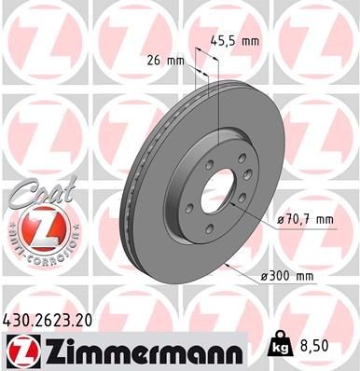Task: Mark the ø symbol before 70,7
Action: (282, 220)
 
